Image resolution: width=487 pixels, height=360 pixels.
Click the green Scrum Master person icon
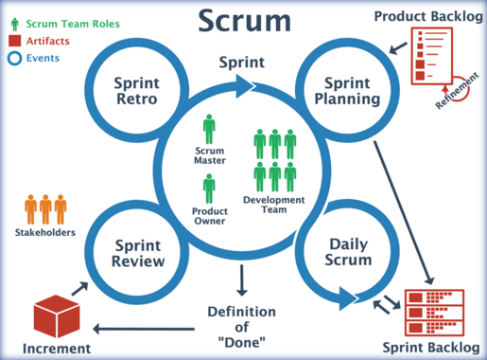209,130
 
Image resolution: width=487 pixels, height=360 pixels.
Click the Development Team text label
274,205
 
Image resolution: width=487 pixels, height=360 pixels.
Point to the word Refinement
454,94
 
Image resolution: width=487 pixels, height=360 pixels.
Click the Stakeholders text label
44,232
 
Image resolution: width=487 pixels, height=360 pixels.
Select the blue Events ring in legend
12,58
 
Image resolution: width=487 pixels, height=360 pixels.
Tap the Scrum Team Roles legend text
66,24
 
